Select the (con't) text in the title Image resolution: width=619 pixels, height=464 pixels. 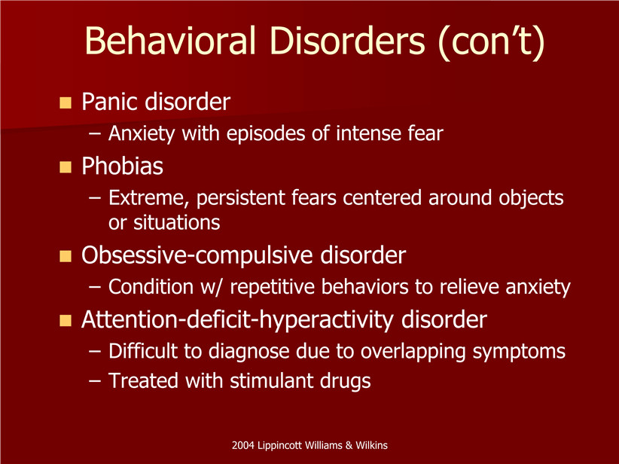pyautogui.click(x=492, y=42)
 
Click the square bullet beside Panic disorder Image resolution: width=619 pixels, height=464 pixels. pyautogui.click(x=66, y=102)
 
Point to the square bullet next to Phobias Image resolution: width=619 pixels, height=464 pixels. pyautogui.click(x=66, y=167)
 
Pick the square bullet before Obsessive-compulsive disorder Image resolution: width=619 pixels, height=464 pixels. pyautogui.click(x=66, y=256)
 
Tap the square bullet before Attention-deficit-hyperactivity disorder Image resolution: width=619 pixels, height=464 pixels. pyautogui.click(x=66, y=320)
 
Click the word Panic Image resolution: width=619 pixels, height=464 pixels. pyautogui.click(x=110, y=102)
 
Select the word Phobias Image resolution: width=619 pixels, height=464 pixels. pyautogui.click(x=123, y=166)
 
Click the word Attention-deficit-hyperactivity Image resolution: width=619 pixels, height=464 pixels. pyautogui.click(x=238, y=320)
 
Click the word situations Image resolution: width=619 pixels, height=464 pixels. pyautogui.click(x=176, y=223)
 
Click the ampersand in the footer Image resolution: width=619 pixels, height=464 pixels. pyautogui.click(x=349, y=445)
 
